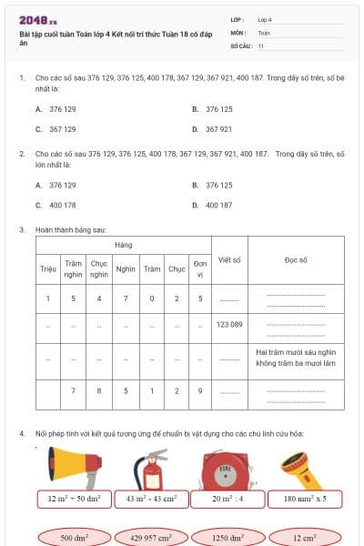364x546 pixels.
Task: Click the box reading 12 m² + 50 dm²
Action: click(x=75, y=499)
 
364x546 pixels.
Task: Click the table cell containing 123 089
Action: click(x=229, y=325)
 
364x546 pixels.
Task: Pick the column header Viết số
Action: click(x=229, y=259)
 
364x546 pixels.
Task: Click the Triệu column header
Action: click(x=48, y=268)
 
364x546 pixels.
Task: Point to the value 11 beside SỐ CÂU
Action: click(x=261, y=45)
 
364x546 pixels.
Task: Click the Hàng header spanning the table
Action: click(x=123, y=246)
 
